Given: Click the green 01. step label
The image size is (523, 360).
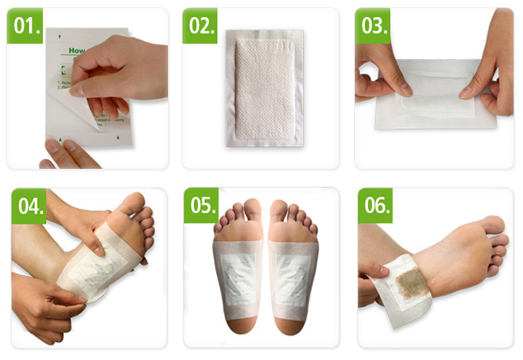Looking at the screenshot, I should pos(25,26).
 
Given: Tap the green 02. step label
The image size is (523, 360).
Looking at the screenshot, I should pos(201,26).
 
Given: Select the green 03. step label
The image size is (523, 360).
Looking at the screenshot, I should pos(376,26).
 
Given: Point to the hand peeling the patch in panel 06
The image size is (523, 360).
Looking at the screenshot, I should pos(371,273).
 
